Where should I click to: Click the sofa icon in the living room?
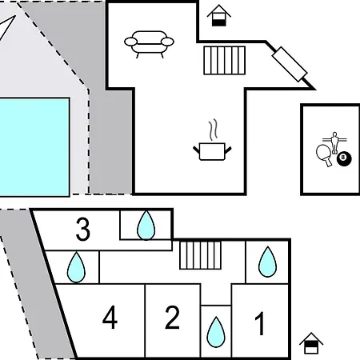[x=149, y=43]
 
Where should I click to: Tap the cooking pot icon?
[x=212, y=151]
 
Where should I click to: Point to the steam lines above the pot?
[x=213, y=130]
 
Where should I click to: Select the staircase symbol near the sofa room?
[x=225, y=60]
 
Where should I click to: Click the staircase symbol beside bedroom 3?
[x=200, y=255]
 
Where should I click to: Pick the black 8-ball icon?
[x=344, y=158]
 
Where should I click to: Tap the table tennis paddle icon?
[x=324, y=155]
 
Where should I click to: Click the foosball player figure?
[x=334, y=142]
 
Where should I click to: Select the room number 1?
[x=260, y=324]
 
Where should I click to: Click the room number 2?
[x=172, y=318]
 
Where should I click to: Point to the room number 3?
[x=83, y=230]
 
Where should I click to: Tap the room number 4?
[x=110, y=317]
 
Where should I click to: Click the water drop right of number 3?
[x=146, y=226]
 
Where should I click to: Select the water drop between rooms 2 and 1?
[x=216, y=332]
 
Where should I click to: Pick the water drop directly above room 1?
[x=267, y=262]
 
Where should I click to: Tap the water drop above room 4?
[x=76, y=267]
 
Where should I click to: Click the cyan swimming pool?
[x=34, y=147]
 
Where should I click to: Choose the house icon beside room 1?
[x=311, y=343]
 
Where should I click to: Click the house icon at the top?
[x=219, y=15]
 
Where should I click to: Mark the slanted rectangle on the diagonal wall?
[x=290, y=64]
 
